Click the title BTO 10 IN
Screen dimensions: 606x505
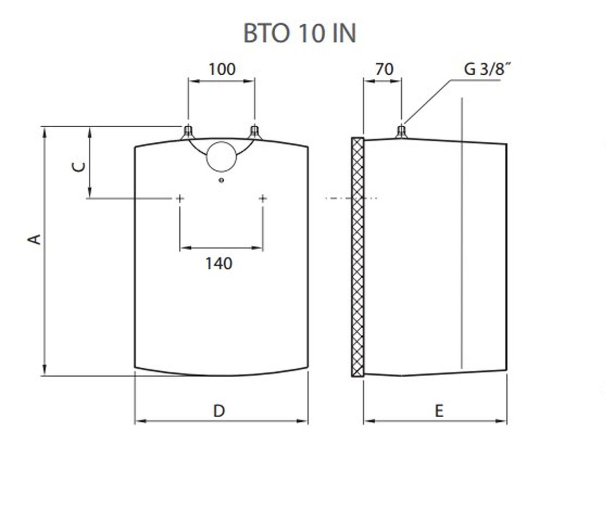coord(299,34)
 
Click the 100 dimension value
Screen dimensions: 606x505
coord(222,69)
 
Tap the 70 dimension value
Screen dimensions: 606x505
coord(384,69)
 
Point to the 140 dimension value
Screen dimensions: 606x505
coord(219,264)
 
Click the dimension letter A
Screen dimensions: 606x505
coord(34,239)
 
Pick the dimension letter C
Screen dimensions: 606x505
coord(78,167)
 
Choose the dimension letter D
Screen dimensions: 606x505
coord(219,411)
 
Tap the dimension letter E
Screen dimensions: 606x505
coord(439,411)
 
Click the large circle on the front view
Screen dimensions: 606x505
coord(222,142)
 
